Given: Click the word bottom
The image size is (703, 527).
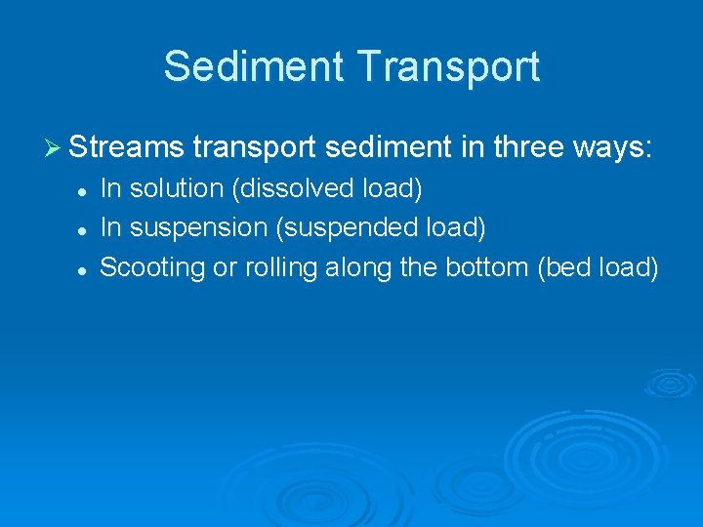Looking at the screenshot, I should point(489,266).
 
